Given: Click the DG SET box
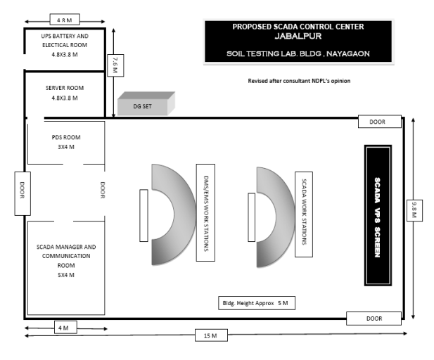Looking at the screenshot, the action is pos(145,105).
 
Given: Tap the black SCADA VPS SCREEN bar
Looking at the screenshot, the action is pos(377,215).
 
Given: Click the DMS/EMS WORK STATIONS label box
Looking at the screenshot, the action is pos(205,212).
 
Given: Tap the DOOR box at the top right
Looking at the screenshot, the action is pos(377,122).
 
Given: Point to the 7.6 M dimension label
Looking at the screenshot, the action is pos(115,65).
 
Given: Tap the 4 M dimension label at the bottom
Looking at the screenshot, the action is pos(63,328).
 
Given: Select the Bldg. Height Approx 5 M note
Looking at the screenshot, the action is pos(255,303).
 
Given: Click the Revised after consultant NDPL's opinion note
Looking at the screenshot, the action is pos(299,81).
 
